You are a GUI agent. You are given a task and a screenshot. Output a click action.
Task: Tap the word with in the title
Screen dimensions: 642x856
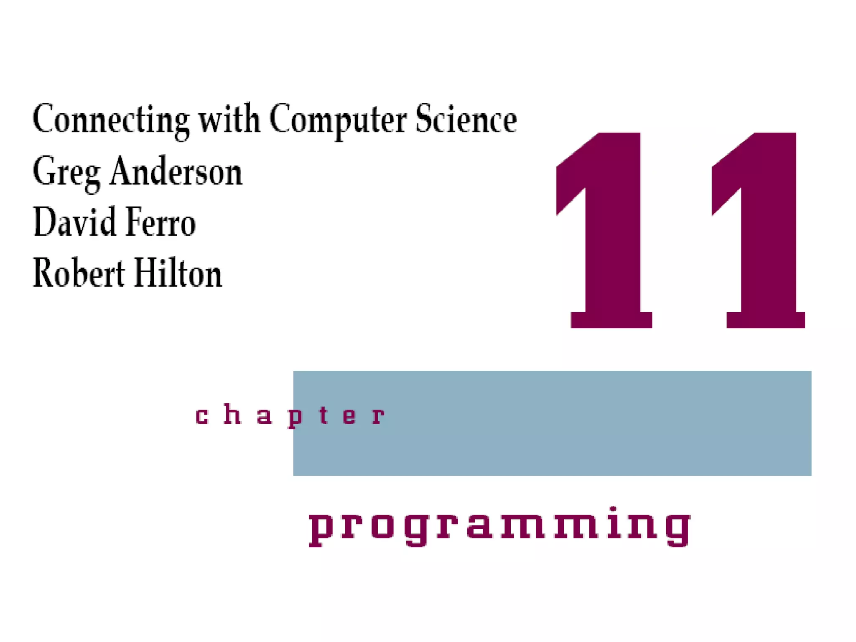229,120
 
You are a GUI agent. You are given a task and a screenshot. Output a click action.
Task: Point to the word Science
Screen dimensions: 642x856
466,120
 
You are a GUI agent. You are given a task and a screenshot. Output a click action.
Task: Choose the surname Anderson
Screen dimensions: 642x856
176,171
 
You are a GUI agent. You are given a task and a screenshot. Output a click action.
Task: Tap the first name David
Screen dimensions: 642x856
74,222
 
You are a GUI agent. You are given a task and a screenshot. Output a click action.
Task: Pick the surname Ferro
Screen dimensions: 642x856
160,222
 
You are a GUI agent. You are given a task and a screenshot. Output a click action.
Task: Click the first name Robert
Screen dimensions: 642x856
79,273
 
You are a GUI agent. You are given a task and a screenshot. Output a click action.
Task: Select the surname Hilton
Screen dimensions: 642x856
178,273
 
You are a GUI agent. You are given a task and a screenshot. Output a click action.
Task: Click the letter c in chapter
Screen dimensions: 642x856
202,416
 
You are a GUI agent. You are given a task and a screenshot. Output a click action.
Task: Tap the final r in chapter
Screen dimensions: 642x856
379,416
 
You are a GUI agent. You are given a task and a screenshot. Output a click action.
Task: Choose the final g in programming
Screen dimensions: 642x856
678,528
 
